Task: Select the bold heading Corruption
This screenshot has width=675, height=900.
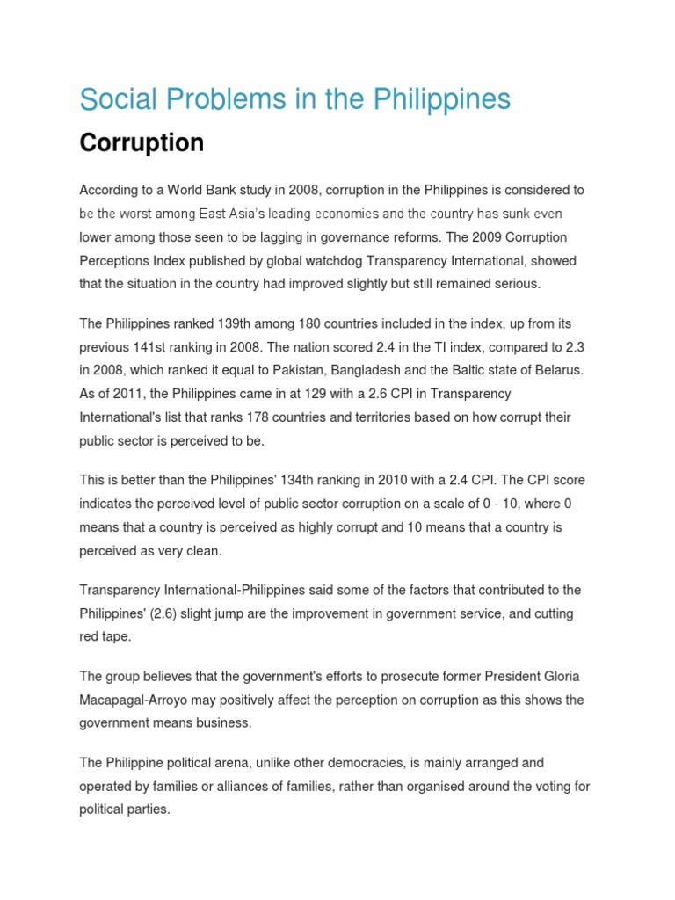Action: point(142,142)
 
